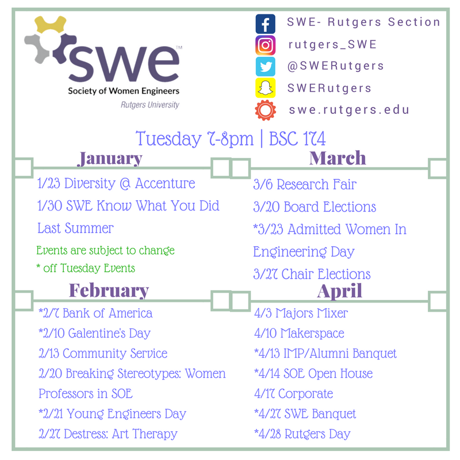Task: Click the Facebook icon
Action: [x=265, y=24]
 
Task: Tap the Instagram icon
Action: [x=265, y=45]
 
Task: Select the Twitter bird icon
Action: [x=265, y=67]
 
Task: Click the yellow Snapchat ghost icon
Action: [x=265, y=88]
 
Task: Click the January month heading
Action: [x=109, y=158]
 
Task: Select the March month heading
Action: [x=338, y=158]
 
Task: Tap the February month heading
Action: [x=109, y=290]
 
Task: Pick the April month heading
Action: [x=339, y=290]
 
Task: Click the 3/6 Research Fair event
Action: [x=305, y=185]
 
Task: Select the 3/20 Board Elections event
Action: [x=315, y=207]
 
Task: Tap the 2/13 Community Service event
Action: [x=103, y=353]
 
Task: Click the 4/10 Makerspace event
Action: [x=299, y=333]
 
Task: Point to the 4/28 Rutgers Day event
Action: [x=302, y=434]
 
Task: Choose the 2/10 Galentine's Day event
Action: [x=94, y=333]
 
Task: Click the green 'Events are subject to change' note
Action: [x=105, y=251]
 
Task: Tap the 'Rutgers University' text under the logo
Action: [x=149, y=105]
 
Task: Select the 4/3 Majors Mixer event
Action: [x=301, y=313]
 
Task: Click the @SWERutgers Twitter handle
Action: [x=336, y=66]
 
